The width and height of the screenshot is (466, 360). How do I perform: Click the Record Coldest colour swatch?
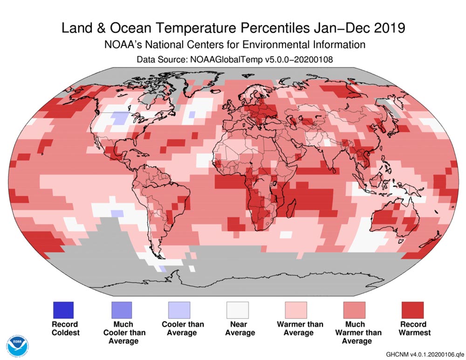click(64, 310)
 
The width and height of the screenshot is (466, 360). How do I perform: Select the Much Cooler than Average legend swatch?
click(121, 310)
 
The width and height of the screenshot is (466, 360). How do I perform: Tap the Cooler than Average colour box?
click(179, 310)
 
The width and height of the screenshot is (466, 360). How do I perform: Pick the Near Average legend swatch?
click(237, 310)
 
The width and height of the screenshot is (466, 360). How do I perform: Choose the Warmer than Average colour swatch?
click(295, 310)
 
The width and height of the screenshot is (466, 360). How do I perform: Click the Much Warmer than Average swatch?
click(354, 310)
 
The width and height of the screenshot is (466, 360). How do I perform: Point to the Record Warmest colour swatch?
click(412, 310)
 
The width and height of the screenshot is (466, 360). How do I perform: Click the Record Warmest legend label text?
click(412, 328)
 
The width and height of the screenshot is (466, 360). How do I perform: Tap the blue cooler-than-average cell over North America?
click(121, 118)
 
